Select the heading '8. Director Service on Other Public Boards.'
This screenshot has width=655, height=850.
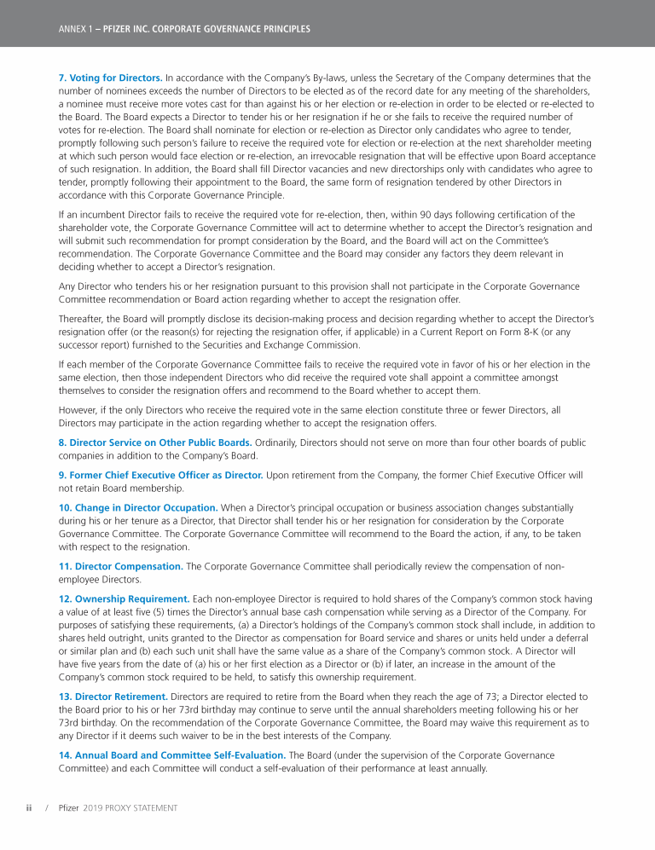tap(155, 442)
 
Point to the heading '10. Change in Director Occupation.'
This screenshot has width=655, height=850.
tap(138, 507)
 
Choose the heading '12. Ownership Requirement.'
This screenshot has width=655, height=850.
tap(125, 599)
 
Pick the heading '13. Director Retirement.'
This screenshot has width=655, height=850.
tap(113, 697)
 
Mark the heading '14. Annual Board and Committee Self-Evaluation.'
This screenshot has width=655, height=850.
tap(171, 755)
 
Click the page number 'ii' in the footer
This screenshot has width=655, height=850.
tap(28, 807)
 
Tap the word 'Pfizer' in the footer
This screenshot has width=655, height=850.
tap(68, 807)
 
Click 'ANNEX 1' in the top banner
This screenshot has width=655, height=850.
tap(74, 29)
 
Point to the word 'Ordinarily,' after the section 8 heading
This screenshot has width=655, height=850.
tap(279, 442)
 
